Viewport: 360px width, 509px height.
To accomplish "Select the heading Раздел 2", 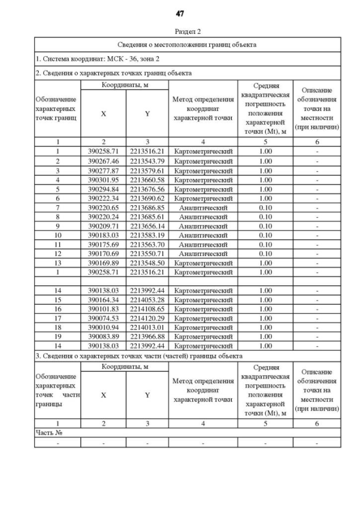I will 179,31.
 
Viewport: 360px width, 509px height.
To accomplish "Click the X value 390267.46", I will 103,161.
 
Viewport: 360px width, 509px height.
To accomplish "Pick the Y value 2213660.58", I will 147,179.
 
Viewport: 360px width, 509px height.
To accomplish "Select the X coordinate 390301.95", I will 103,179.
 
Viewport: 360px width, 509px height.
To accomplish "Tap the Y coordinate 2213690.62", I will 147,198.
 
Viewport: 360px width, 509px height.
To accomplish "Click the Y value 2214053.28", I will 147,300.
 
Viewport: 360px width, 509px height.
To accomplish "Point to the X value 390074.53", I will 103,318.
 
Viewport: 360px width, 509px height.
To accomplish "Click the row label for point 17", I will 57,318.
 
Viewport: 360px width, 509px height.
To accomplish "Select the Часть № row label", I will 48,433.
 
